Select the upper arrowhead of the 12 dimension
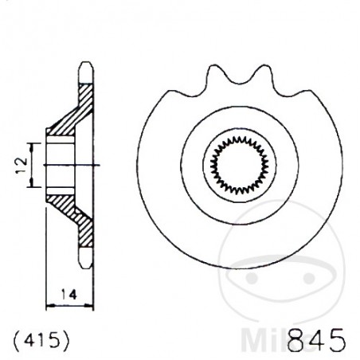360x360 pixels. coord(33,144)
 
